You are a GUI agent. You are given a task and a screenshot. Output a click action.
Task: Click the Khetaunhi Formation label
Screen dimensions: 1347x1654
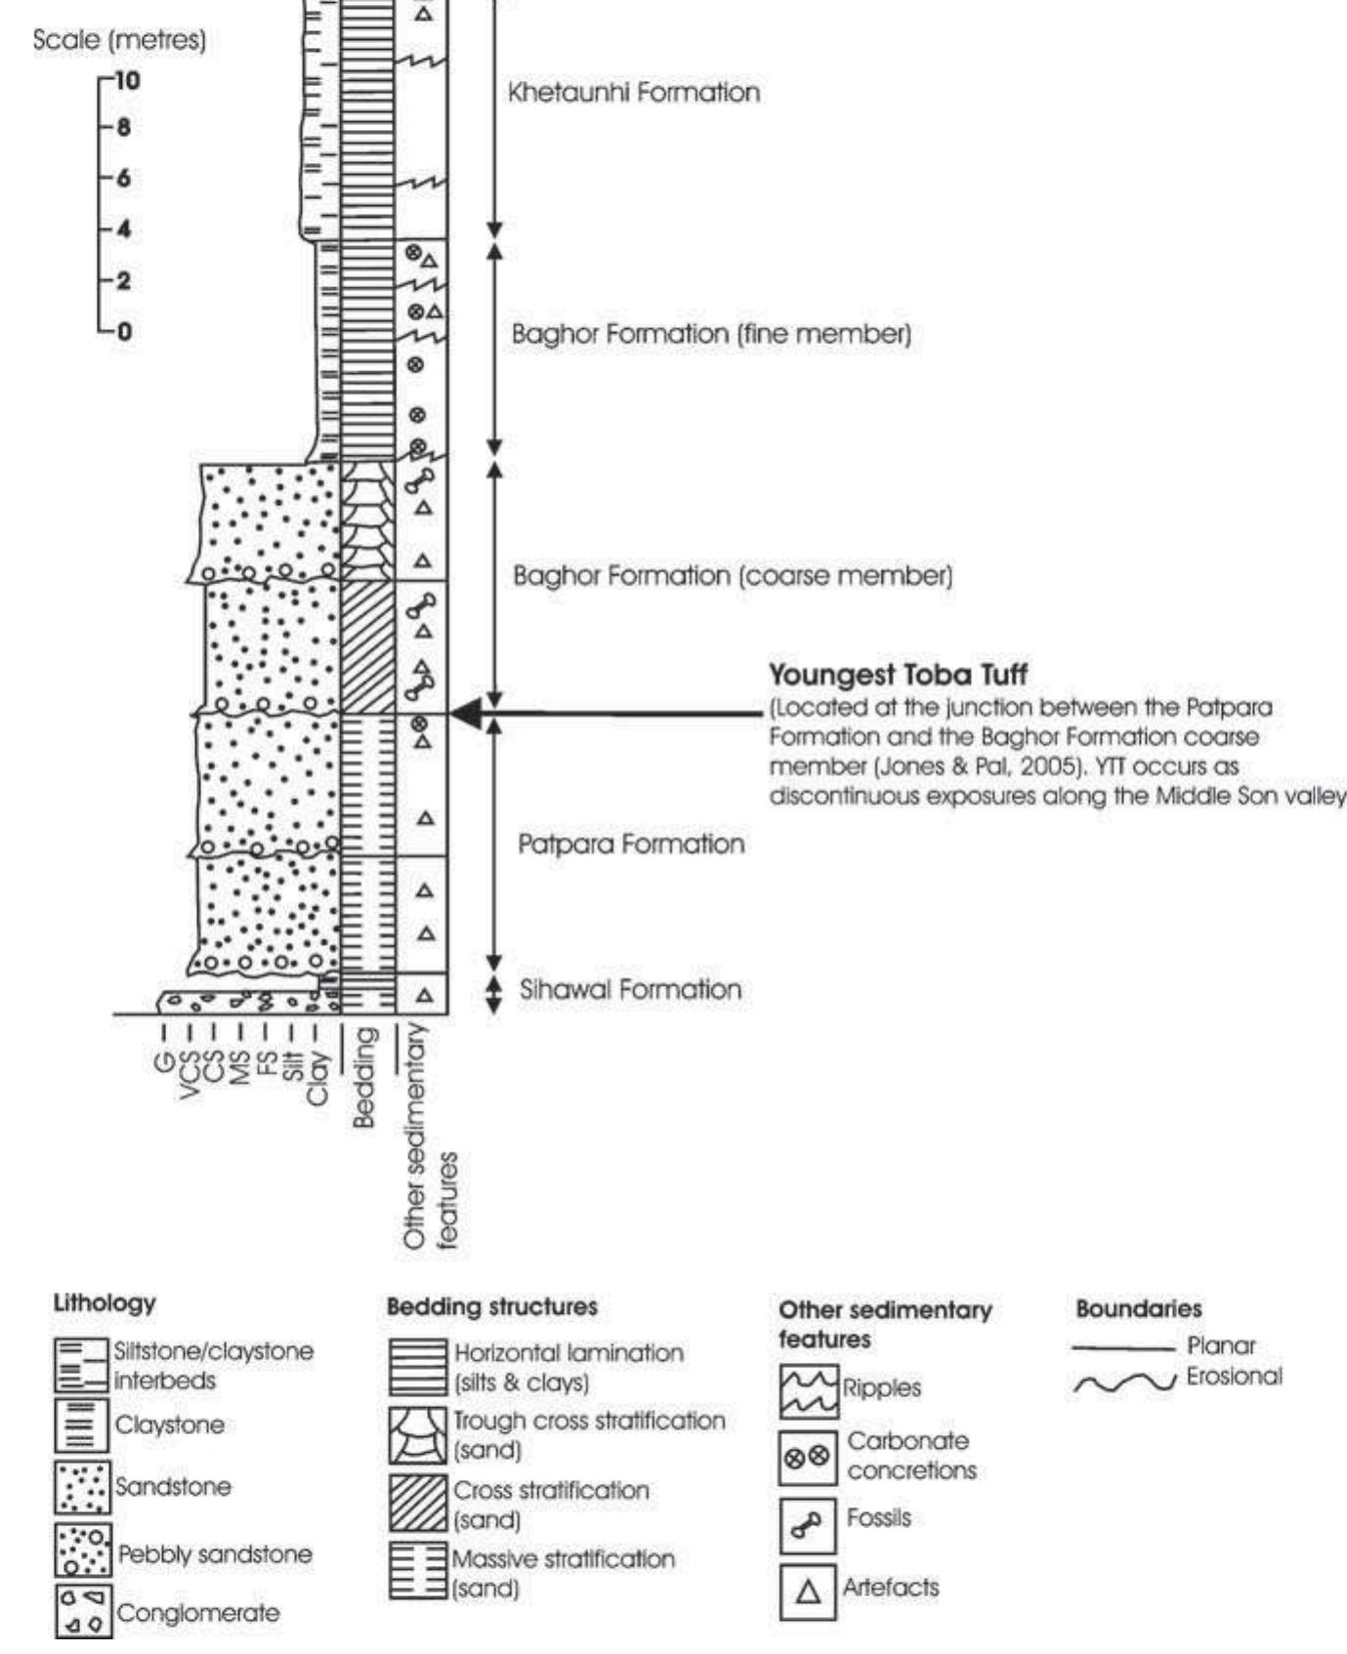(x=633, y=93)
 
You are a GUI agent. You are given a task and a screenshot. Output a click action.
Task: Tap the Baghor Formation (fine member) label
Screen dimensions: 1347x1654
(x=711, y=334)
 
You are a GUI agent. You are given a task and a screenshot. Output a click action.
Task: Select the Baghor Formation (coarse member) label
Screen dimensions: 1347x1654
(x=733, y=575)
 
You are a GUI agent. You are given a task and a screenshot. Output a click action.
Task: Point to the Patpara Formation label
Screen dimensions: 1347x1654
(x=631, y=844)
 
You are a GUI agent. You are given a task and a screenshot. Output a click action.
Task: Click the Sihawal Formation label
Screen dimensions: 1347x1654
(x=630, y=989)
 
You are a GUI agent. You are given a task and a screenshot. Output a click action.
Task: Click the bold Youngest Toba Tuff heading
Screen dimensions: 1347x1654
(x=898, y=675)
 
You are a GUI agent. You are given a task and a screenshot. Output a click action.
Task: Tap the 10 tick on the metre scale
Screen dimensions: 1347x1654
(x=124, y=80)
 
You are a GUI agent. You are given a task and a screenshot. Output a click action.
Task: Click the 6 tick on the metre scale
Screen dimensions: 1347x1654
(x=123, y=179)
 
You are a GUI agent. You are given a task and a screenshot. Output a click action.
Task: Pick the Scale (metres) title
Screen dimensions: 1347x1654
(x=119, y=41)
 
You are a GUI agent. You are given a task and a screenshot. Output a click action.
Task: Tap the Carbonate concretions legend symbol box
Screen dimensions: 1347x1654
(x=808, y=1459)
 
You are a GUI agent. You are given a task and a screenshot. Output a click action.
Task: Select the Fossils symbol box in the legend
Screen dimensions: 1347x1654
(x=808, y=1525)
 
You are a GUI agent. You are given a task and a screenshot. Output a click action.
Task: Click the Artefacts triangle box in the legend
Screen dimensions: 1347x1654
(x=808, y=1592)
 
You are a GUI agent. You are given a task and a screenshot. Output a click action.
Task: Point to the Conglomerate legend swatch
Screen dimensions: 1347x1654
(x=83, y=1612)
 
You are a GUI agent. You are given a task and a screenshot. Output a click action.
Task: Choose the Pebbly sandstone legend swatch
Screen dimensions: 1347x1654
(x=83, y=1550)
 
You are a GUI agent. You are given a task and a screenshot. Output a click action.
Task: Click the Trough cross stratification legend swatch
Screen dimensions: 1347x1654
(x=418, y=1435)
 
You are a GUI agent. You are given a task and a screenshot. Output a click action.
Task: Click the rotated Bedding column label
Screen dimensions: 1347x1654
(x=364, y=1077)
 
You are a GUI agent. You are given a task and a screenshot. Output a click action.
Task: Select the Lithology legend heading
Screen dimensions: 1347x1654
(x=105, y=1303)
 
